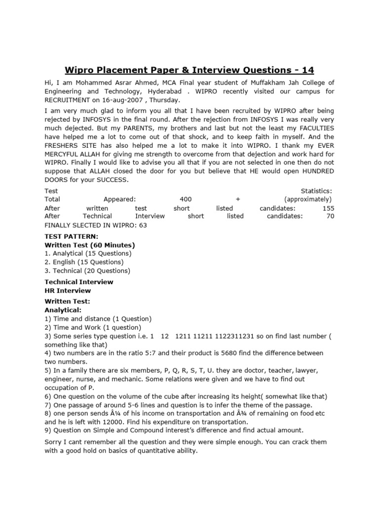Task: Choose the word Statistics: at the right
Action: [316, 191]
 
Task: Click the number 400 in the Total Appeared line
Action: [186, 199]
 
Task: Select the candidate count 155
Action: [328, 209]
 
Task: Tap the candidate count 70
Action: [330, 216]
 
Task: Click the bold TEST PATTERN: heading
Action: [71, 237]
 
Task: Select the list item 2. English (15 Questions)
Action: [84, 262]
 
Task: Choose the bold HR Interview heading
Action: [68, 291]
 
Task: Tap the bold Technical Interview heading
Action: [79, 282]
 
